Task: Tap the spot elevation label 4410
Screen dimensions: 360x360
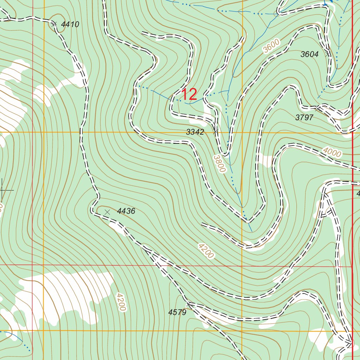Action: (70, 24)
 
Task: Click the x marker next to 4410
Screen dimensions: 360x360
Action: (54, 24)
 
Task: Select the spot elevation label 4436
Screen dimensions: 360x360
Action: (126, 211)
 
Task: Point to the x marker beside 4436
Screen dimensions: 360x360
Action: (108, 212)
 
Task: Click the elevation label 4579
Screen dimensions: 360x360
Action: (177, 312)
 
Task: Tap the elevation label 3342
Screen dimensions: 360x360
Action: (195, 132)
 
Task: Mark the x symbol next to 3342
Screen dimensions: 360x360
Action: (216, 131)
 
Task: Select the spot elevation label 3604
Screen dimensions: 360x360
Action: (309, 54)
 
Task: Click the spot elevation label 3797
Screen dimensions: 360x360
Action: (304, 118)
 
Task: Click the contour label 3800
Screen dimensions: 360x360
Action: (219, 164)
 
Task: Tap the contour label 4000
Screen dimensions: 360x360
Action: (332, 153)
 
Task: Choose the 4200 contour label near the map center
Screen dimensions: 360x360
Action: (206, 251)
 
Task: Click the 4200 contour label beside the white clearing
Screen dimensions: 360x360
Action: (120, 302)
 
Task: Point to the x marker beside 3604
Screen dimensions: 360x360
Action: (328, 54)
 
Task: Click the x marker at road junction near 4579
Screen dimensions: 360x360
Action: (189, 303)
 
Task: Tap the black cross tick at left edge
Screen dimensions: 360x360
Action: (3, 190)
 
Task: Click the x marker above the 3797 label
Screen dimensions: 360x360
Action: (318, 108)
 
